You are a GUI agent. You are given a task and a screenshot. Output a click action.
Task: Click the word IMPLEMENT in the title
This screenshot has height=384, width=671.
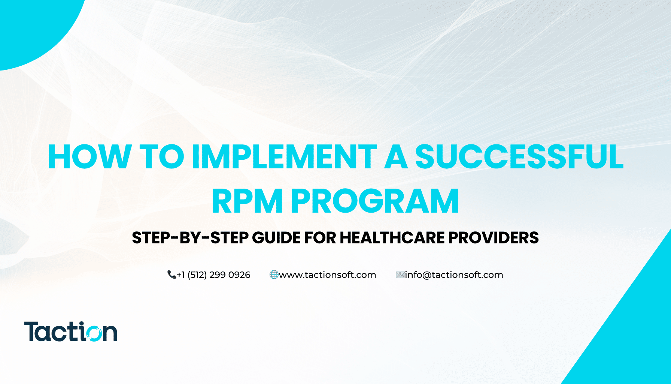[x=284, y=157]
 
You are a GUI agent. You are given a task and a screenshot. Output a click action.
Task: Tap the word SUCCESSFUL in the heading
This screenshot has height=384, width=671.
[x=519, y=157]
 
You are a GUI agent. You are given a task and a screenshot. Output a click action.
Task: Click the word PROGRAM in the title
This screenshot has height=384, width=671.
[x=375, y=201]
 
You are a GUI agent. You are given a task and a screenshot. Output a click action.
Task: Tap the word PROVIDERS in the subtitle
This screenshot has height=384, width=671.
[x=494, y=238]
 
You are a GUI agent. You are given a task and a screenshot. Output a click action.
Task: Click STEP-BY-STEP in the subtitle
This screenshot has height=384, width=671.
[x=190, y=238]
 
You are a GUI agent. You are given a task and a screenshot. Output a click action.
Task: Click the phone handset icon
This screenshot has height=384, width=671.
[x=171, y=275]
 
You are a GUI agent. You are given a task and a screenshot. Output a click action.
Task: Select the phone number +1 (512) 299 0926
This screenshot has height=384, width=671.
[x=213, y=275]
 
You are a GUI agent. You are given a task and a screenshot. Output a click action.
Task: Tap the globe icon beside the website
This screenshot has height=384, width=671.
[x=274, y=275]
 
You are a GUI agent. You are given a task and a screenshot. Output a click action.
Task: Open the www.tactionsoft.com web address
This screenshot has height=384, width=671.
[x=328, y=275]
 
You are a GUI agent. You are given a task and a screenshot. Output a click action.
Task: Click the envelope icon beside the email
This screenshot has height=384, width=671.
[x=400, y=275]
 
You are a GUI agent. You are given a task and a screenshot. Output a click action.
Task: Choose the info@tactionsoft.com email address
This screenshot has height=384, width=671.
[x=454, y=275]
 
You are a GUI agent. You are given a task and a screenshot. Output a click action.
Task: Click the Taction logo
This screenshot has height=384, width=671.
[x=71, y=331]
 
